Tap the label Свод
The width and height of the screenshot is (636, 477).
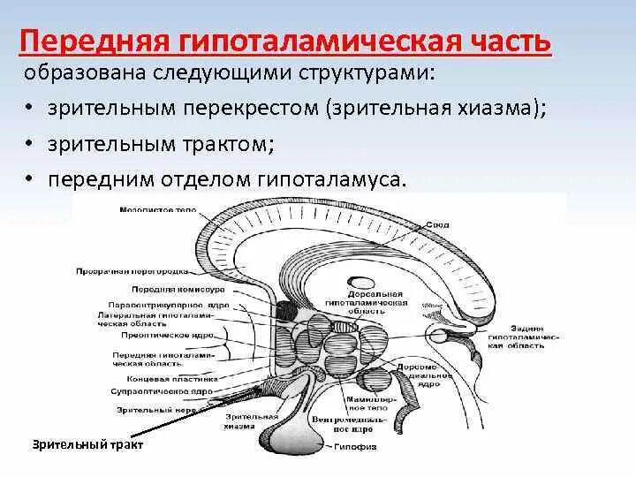pyautogui.click(x=437, y=225)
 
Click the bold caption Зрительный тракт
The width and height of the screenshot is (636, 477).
pyautogui.click(x=88, y=445)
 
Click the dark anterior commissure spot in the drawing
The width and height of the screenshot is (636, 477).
pyautogui.click(x=286, y=310)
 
